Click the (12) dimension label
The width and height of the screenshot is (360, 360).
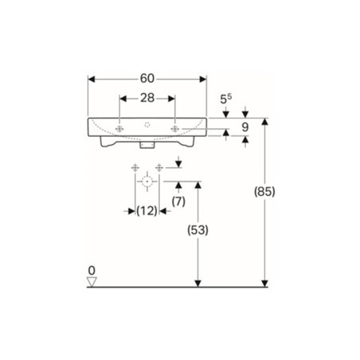(146, 210)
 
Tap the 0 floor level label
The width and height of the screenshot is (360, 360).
(92, 270)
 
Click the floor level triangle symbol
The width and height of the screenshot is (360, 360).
(92, 281)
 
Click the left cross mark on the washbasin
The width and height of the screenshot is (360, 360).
(119, 128)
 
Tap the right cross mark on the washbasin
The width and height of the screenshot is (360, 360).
(174, 128)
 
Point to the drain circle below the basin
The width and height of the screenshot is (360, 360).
(147, 182)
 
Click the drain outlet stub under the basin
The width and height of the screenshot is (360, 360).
(147, 147)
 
